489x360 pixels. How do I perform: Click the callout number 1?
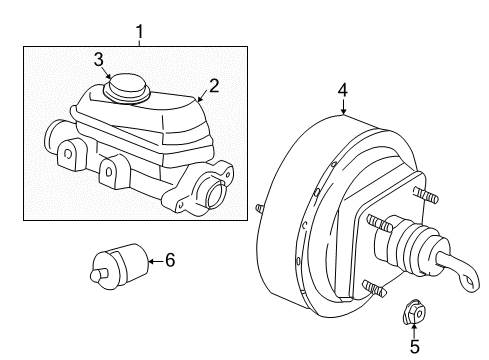[x=140, y=32]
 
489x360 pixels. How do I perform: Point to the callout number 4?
[x=343, y=91]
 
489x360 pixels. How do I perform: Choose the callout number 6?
[x=169, y=261]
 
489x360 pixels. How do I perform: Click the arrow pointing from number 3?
[x=109, y=73]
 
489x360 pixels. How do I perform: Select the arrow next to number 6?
[x=153, y=262]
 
